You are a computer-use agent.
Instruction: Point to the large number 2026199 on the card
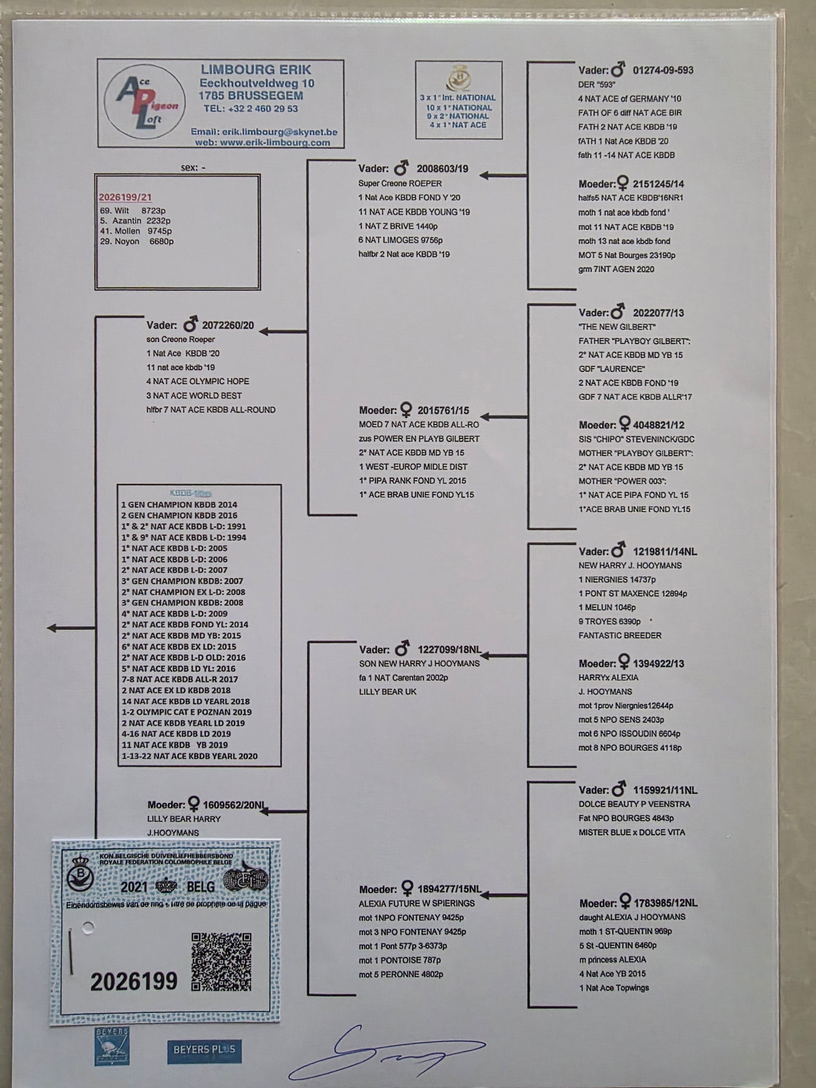[x=134, y=981]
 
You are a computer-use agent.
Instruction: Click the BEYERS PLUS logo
[x=204, y=1049]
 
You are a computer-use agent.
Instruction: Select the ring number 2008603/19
[x=442, y=169]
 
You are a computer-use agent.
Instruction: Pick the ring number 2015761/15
[x=443, y=410]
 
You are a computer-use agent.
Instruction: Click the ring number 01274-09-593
[x=663, y=70]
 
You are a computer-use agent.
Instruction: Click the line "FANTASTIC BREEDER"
[x=620, y=635]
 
